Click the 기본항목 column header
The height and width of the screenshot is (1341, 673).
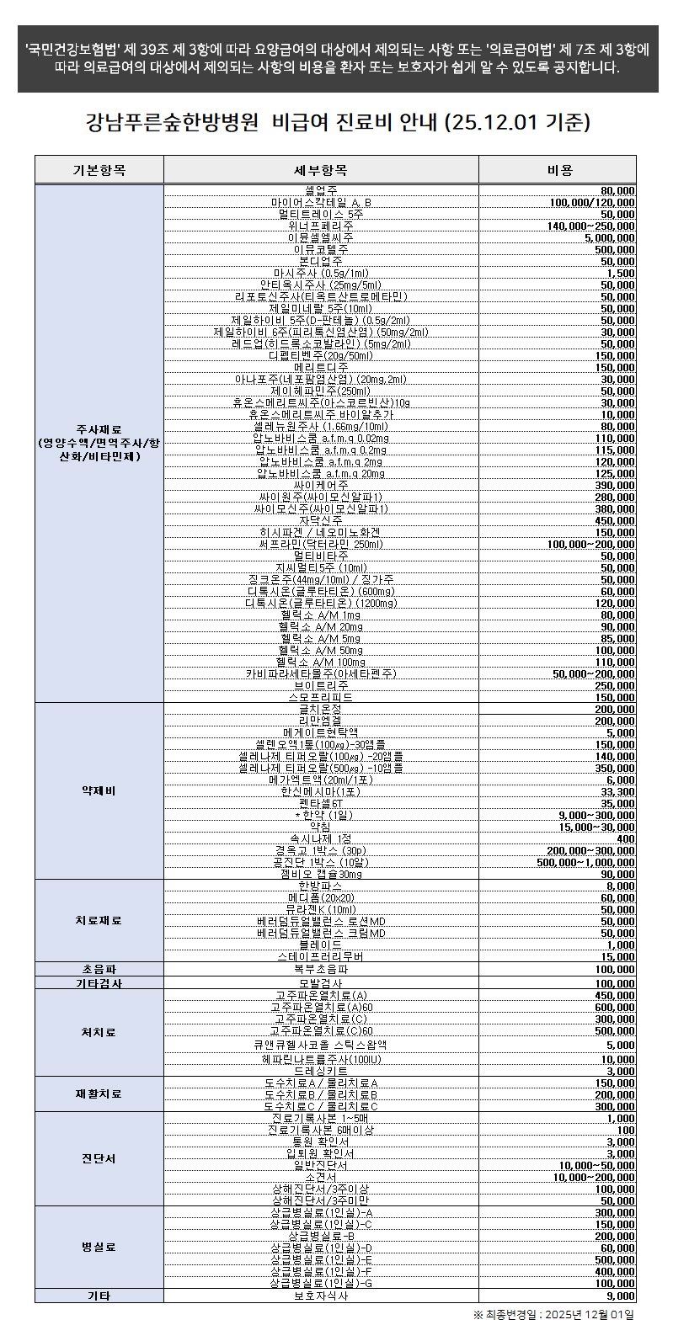pyautogui.click(x=99, y=170)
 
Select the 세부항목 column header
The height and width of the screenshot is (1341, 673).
pyautogui.click(x=320, y=170)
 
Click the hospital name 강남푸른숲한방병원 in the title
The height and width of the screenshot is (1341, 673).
pyautogui.click(x=172, y=123)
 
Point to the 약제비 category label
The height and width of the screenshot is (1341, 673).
pyautogui.click(x=99, y=791)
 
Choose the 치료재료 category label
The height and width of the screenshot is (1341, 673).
pyautogui.click(x=99, y=921)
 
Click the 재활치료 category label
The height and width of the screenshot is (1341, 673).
pyautogui.click(x=99, y=1094)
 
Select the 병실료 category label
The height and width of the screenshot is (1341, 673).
pyautogui.click(x=99, y=1247)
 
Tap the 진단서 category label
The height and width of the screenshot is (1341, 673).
pyautogui.click(x=99, y=1158)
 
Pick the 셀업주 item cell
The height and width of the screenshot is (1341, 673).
pyautogui.click(x=320, y=190)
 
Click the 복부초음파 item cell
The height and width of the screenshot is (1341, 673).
pyautogui.click(x=320, y=970)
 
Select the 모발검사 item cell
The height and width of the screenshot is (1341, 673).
pyautogui.click(x=320, y=983)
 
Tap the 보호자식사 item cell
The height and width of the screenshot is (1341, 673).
pyautogui.click(x=320, y=1296)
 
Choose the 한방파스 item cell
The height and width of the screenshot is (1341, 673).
pyautogui.click(x=320, y=886)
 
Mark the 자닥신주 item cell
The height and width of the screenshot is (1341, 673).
pyautogui.click(x=320, y=521)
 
